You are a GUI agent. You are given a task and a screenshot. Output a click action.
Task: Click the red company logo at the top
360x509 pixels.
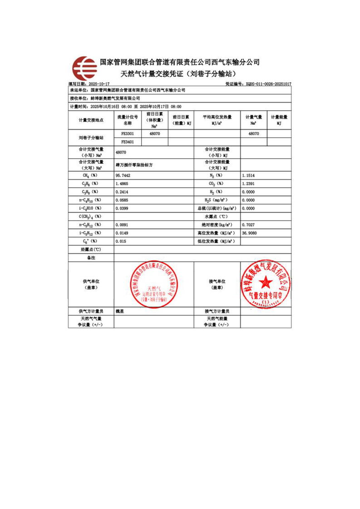pos(85,68)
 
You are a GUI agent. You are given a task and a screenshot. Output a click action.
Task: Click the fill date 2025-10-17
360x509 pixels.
pos(99,84)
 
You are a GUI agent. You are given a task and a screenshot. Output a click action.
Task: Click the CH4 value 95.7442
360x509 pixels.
pos(123,175)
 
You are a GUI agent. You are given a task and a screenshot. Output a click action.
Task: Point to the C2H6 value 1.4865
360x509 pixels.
pos(123,183)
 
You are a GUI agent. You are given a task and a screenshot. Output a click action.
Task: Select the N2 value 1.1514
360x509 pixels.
pos(250,175)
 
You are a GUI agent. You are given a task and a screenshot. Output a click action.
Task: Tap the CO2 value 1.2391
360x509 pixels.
pos(250,183)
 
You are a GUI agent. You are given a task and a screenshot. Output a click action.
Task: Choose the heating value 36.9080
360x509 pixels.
pos(251,233)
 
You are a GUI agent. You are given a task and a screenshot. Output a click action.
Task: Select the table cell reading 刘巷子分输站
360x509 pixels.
pos(91,138)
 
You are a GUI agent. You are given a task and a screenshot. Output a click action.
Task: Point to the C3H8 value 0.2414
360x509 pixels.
pos(123,191)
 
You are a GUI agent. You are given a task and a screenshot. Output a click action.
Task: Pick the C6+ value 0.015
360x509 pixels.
pos(121,241)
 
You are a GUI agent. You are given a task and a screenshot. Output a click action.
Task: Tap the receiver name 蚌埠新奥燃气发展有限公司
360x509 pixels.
pos(115,98)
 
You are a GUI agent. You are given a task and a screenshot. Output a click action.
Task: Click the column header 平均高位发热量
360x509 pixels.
pos(217,117)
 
